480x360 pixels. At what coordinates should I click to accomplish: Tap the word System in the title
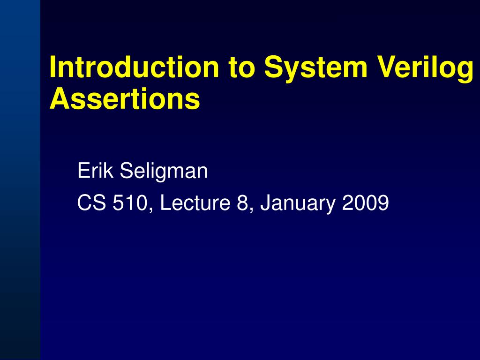click(315, 67)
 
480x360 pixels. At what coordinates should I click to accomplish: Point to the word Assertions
click(125, 99)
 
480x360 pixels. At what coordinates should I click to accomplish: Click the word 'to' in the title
click(242, 67)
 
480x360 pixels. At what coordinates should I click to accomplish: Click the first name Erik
click(96, 171)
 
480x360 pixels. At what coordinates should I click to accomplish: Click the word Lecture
click(193, 203)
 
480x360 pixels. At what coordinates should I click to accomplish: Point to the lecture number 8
click(242, 203)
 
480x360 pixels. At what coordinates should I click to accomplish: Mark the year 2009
click(366, 203)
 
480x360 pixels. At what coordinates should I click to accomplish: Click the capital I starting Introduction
click(53, 67)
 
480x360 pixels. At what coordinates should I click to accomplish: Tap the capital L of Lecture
click(164, 203)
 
